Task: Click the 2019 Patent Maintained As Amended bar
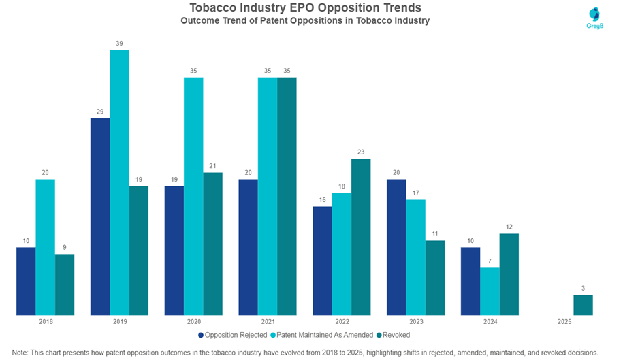pos(119,182)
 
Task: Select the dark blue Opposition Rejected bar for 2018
pos(26,281)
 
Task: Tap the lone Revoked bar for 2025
pos(583,305)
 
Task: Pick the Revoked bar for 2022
pos(361,237)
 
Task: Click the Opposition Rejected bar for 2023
pos(396,247)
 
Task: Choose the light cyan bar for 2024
pos(490,291)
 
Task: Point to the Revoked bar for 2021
pos(287,196)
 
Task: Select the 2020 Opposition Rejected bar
pos(174,250)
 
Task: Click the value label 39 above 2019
pos(119,44)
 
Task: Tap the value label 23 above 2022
pos(361,152)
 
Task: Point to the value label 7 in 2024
pos(490,261)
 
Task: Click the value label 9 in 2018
pos(65,247)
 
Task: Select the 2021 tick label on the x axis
pos(268,321)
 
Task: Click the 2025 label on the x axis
pos(564,321)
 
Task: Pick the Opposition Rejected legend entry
pos(232,335)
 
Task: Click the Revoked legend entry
pos(393,335)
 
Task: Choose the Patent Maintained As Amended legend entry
pos(321,335)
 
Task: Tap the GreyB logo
pos(595,18)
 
